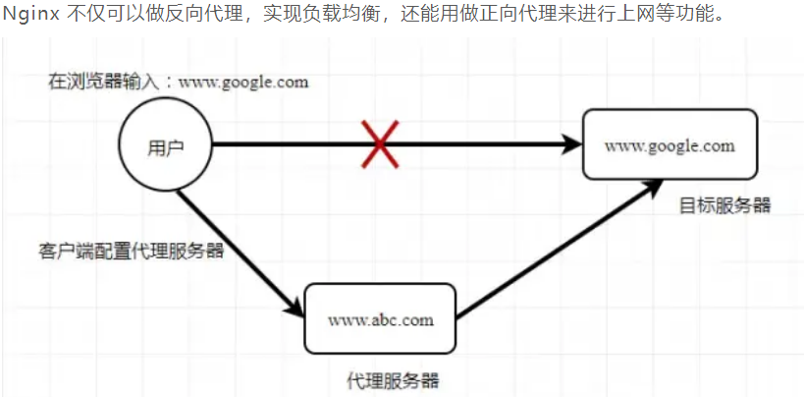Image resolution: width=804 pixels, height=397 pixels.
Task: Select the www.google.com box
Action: tap(670, 144)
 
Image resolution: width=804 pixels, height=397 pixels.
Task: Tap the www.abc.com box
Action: tap(380, 318)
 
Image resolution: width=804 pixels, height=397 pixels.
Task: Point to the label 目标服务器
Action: tap(724, 205)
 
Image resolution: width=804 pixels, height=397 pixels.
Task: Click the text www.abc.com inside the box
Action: tap(380, 319)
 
